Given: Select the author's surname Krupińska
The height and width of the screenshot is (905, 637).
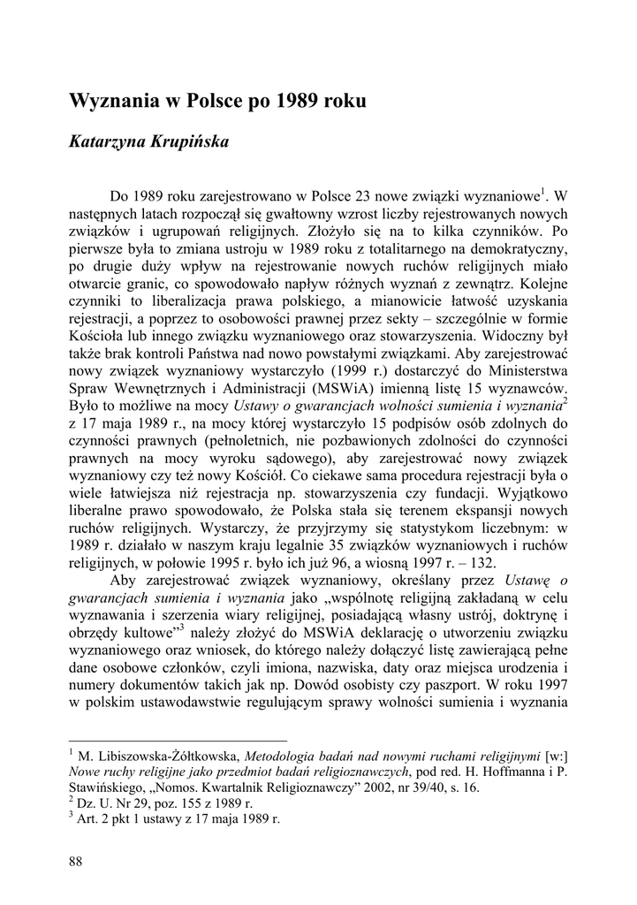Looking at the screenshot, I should coord(192,141).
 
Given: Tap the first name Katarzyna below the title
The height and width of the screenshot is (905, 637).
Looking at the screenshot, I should coord(108,141).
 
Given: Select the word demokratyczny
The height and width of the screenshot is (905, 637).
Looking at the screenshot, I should coord(518,251).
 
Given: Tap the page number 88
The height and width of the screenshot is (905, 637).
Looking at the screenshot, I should coord(76,861).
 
